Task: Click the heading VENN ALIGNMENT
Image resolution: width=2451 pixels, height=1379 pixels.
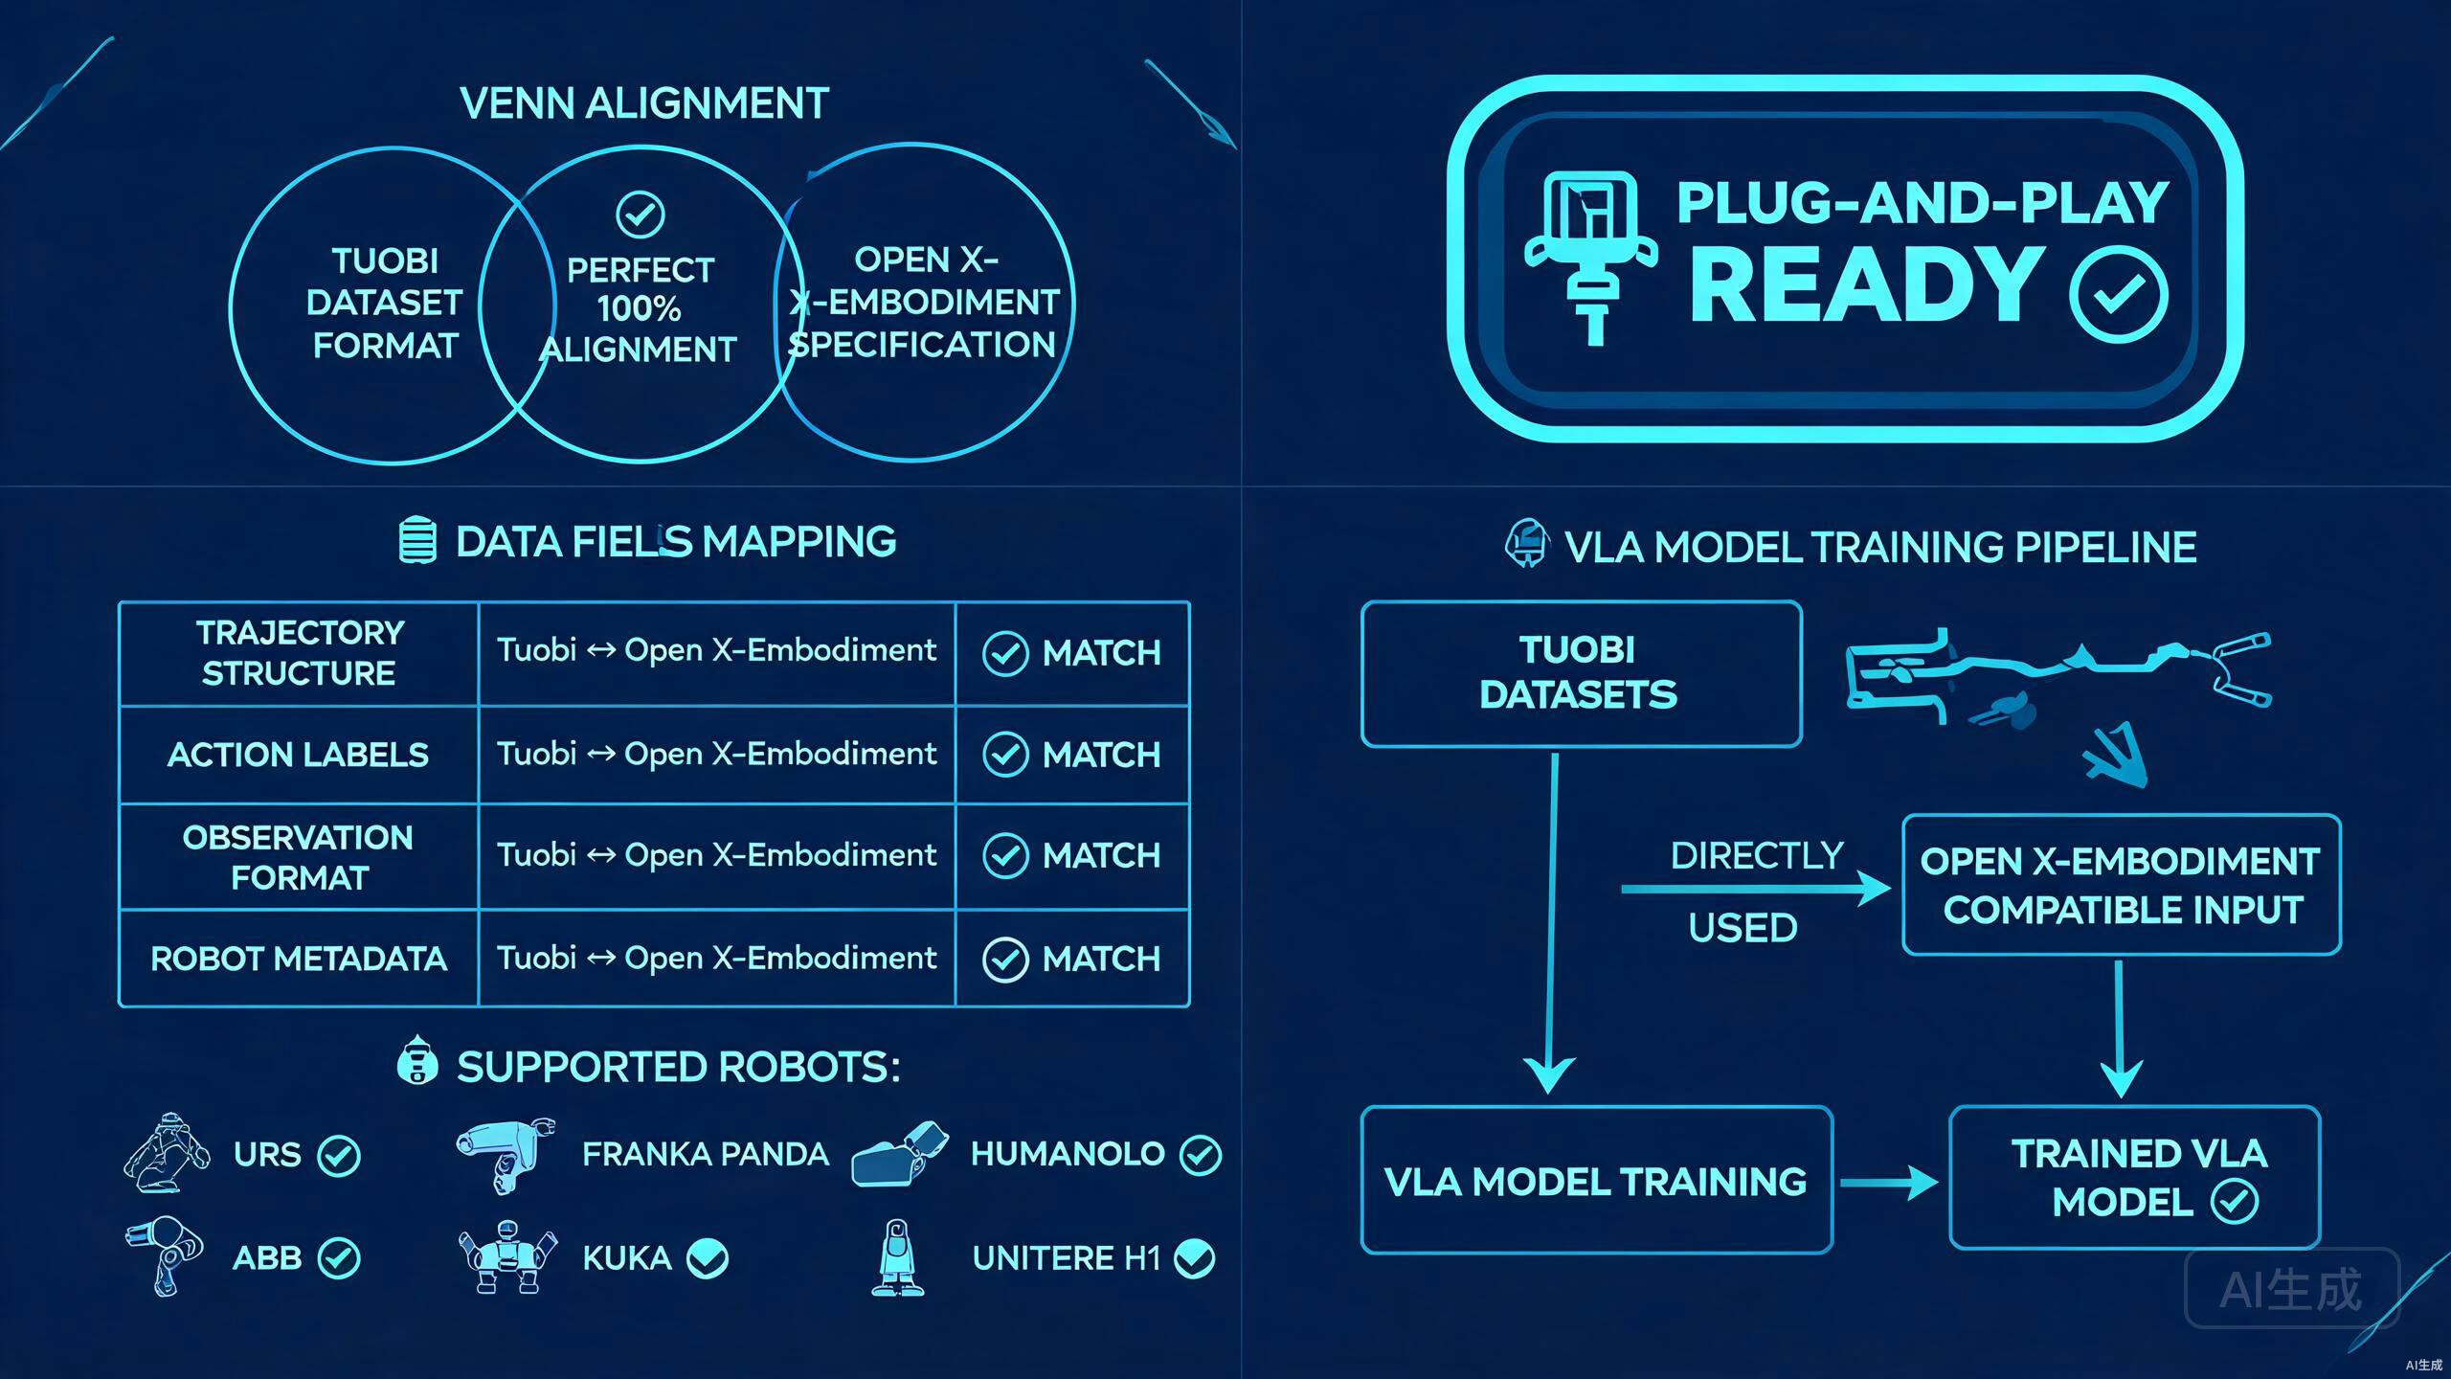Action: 644,103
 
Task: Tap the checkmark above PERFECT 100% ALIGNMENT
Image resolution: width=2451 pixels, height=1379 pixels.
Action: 641,215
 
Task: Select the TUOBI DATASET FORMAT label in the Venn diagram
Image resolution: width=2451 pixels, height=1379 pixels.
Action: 385,303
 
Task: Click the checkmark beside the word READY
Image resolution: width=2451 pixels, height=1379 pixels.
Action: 2119,294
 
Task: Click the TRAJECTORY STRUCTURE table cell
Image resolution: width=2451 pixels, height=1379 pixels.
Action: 299,653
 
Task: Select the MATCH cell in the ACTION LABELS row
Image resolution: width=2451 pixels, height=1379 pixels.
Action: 1072,755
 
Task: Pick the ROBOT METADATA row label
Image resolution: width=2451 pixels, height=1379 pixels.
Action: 299,959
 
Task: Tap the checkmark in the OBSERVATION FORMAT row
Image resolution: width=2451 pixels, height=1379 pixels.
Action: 1005,855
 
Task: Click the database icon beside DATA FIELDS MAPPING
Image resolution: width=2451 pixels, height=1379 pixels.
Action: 417,541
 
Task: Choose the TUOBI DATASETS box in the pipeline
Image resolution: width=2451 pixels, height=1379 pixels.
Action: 1582,673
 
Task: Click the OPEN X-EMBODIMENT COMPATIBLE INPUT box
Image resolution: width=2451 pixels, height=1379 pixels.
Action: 2122,885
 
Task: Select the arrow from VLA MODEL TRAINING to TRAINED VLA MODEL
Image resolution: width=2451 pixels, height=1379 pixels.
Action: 1888,1183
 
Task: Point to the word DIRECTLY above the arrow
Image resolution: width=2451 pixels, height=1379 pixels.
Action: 1757,856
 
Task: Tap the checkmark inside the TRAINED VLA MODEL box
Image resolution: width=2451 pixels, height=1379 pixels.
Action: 2235,1201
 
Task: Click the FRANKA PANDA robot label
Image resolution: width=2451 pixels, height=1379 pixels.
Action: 706,1154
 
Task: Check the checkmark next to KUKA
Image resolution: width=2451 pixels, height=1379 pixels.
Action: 708,1258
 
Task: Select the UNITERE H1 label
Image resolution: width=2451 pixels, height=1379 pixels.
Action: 1067,1258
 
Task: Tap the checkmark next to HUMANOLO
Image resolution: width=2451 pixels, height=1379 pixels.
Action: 1201,1155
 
